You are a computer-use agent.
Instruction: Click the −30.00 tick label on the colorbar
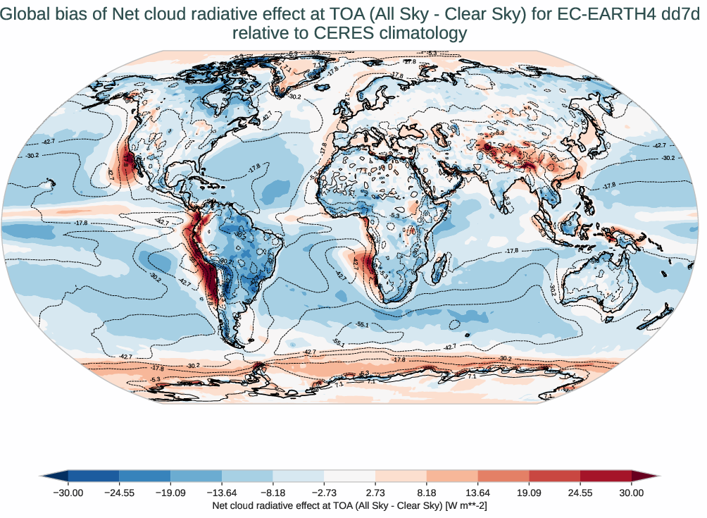(x=68, y=493)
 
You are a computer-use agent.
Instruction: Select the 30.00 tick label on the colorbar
(x=632, y=493)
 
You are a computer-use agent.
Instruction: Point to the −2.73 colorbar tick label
(x=324, y=493)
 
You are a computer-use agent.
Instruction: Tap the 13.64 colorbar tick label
(x=478, y=493)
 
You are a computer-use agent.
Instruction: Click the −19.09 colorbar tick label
(x=170, y=493)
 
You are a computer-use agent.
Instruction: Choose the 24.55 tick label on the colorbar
(x=580, y=493)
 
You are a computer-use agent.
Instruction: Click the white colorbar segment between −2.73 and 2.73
(x=349, y=476)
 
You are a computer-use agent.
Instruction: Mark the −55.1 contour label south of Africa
(x=363, y=324)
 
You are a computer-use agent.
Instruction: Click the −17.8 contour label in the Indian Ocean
(x=512, y=251)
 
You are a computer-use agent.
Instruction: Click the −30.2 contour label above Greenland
(x=294, y=97)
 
